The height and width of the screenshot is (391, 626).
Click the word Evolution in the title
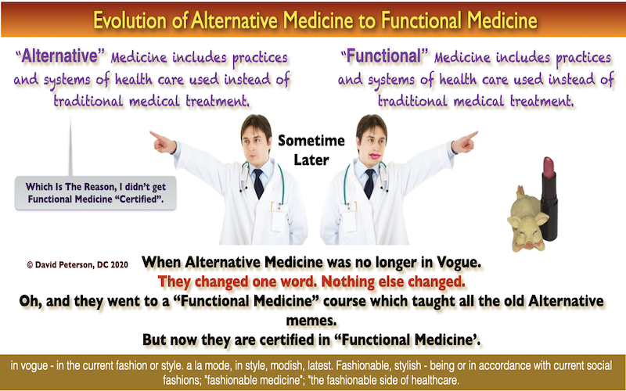point(129,20)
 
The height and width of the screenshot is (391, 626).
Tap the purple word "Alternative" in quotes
point(60,56)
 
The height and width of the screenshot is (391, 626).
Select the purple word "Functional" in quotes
point(383,56)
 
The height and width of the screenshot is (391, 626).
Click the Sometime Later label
point(311,150)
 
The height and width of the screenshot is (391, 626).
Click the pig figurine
point(527,221)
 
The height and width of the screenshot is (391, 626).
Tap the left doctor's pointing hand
point(163,142)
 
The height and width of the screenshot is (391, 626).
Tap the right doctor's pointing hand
point(465,142)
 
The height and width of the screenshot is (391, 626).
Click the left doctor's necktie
point(258,183)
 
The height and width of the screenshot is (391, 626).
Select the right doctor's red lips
point(375,156)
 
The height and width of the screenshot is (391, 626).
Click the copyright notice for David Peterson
point(77,264)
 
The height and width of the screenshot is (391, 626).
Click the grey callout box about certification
point(95,192)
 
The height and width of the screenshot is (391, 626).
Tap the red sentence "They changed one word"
point(238,282)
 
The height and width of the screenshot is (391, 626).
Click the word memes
point(311,321)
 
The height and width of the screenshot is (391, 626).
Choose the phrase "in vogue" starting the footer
point(30,365)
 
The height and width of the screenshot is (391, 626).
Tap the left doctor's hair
point(257,124)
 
